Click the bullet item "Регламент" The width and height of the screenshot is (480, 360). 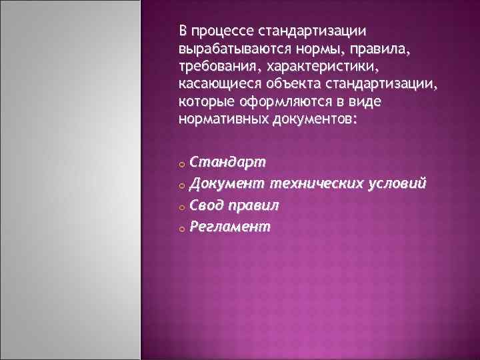(x=230, y=227)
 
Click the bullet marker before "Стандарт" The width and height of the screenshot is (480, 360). (x=181, y=163)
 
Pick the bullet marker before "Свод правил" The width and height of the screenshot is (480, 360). (x=181, y=207)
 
